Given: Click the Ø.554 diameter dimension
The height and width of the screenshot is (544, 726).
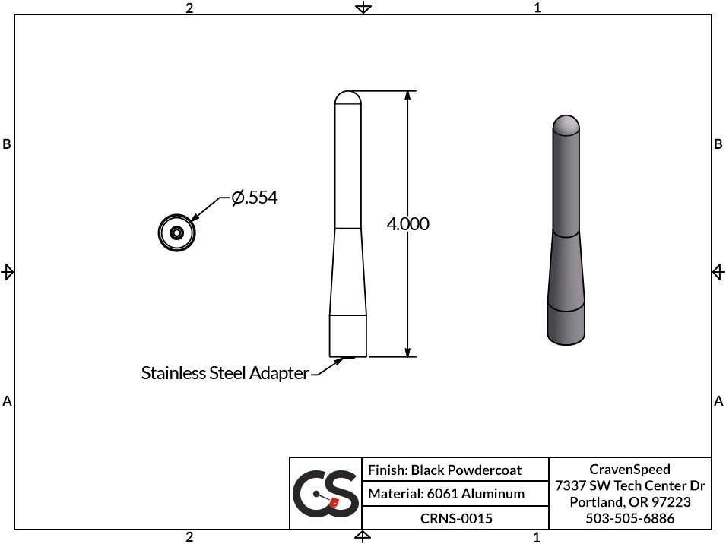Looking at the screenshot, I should (x=255, y=198).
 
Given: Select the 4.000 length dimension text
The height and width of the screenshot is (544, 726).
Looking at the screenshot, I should (x=407, y=224).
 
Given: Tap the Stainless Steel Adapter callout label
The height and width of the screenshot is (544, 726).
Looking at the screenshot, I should (x=225, y=373).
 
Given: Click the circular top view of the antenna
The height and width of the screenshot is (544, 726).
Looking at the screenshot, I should (x=177, y=232).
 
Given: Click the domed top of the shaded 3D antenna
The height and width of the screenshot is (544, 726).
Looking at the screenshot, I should (x=566, y=124).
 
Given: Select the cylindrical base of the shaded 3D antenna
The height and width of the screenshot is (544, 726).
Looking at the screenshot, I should (x=566, y=323).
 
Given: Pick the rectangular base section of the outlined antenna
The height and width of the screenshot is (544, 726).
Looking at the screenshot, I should (x=348, y=335).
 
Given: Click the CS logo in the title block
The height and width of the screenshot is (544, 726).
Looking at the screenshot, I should (x=325, y=494).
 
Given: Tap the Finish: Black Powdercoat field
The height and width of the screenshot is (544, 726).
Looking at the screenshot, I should (x=445, y=470).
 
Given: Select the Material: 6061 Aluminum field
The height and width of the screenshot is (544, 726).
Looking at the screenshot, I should (x=446, y=494).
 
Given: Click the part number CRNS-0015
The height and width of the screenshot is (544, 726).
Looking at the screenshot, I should (x=456, y=519).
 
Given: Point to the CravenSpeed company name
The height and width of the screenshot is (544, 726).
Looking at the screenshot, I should (x=629, y=470).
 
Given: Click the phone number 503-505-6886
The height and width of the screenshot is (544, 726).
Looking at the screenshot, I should (x=629, y=519).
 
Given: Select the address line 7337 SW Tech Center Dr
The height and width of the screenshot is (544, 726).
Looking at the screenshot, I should (x=629, y=486).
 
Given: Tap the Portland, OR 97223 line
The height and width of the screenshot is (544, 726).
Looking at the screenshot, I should (x=629, y=502).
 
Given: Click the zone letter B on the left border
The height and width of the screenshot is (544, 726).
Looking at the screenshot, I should (x=7, y=144).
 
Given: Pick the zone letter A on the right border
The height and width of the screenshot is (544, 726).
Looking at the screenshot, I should (x=718, y=400).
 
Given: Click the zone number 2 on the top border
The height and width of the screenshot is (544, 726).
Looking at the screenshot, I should (x=189, y=8).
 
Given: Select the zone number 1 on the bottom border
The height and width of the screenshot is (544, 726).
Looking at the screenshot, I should (x=537, y=537).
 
